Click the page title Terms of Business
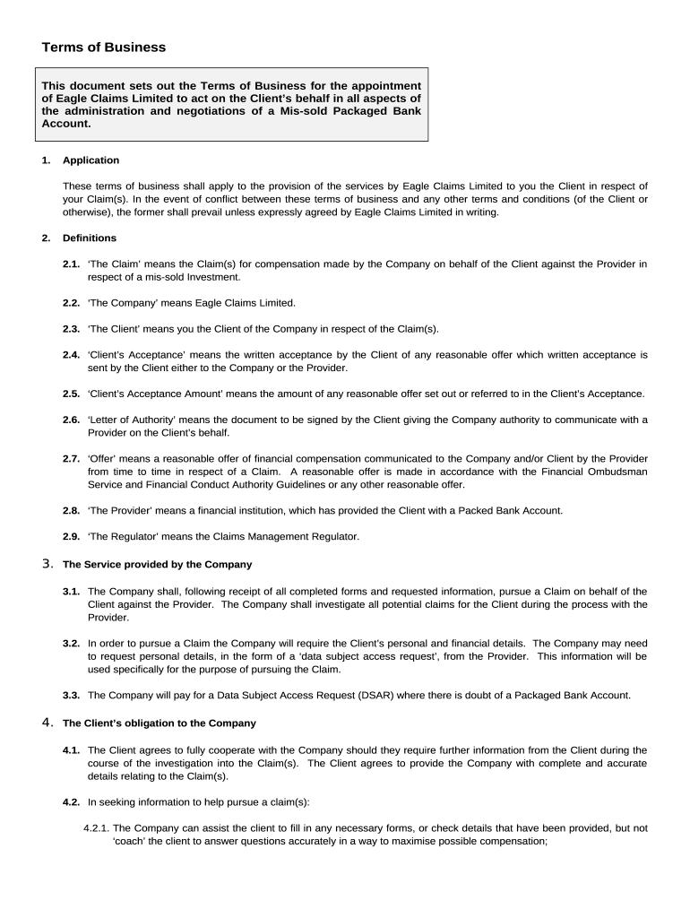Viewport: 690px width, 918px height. [103, 48]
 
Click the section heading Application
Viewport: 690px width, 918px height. [91, 160]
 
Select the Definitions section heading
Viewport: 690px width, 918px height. [89, 238]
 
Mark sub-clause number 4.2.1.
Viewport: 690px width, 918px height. [96, 828]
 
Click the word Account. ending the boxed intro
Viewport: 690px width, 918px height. [66, 124]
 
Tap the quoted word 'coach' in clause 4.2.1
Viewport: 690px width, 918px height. [132, 842]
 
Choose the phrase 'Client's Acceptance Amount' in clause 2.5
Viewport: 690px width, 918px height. [158, 394]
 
